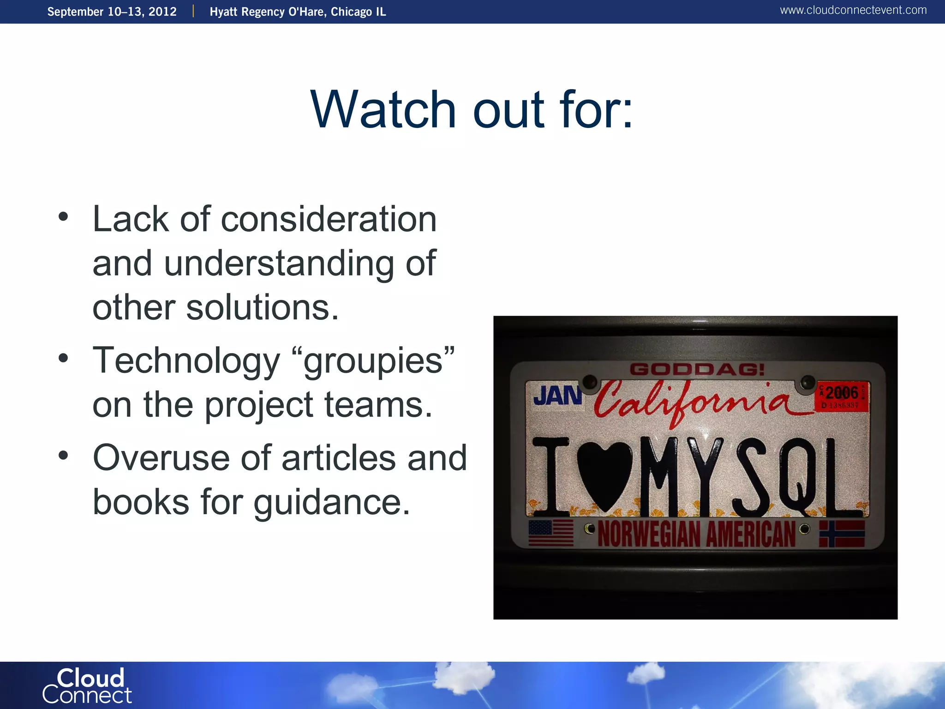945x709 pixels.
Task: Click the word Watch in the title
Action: point(383,110)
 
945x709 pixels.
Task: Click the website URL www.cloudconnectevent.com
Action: point(853,10)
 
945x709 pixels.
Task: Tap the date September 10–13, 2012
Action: point(112,12)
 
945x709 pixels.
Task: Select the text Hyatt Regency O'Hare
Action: point(268,12)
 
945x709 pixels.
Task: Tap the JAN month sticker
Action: point(557,396)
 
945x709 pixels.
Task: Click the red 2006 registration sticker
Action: point(842,396)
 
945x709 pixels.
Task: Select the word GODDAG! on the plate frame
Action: point(697,369)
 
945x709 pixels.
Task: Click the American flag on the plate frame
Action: point(550,533)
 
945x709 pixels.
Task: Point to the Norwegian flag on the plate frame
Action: point(842,534)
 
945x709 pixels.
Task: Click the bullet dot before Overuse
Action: point(63,456)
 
